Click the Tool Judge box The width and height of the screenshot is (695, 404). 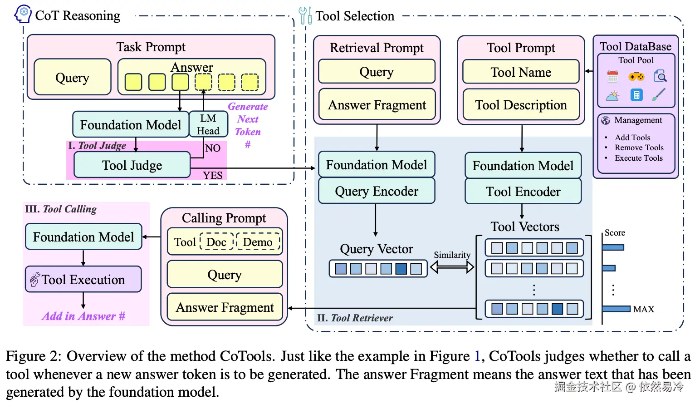point(132,165)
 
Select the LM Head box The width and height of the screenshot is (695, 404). point(208,124)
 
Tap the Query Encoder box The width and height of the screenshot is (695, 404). point(377,191)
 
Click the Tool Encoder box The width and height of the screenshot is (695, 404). point(523,192)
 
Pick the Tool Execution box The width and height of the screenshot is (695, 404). point(83,280)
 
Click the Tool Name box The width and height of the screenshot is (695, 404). point(521,72)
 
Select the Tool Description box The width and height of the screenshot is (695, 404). point(521,105)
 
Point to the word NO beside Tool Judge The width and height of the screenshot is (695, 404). point(213,148)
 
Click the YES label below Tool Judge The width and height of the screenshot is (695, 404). point(213,175)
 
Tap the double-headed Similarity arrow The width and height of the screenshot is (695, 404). point(452,267)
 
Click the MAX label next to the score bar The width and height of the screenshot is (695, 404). point(643,309)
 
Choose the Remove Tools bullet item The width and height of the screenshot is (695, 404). point(639,148)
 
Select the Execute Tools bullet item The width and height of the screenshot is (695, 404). point(638,158)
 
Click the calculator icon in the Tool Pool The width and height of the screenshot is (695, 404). point(636,95)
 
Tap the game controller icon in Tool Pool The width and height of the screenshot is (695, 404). point(636,76)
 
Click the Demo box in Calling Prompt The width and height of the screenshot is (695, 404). point(257,242)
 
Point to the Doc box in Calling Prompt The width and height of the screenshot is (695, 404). point(216,242)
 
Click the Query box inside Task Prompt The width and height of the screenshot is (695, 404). point(72,78)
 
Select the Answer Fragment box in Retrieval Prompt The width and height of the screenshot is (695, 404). point(377,105)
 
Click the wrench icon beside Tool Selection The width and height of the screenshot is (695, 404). point(305,15)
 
